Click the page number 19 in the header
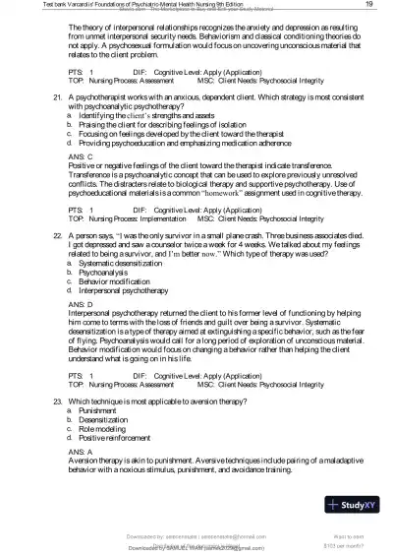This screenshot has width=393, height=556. [x=367, y=5]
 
